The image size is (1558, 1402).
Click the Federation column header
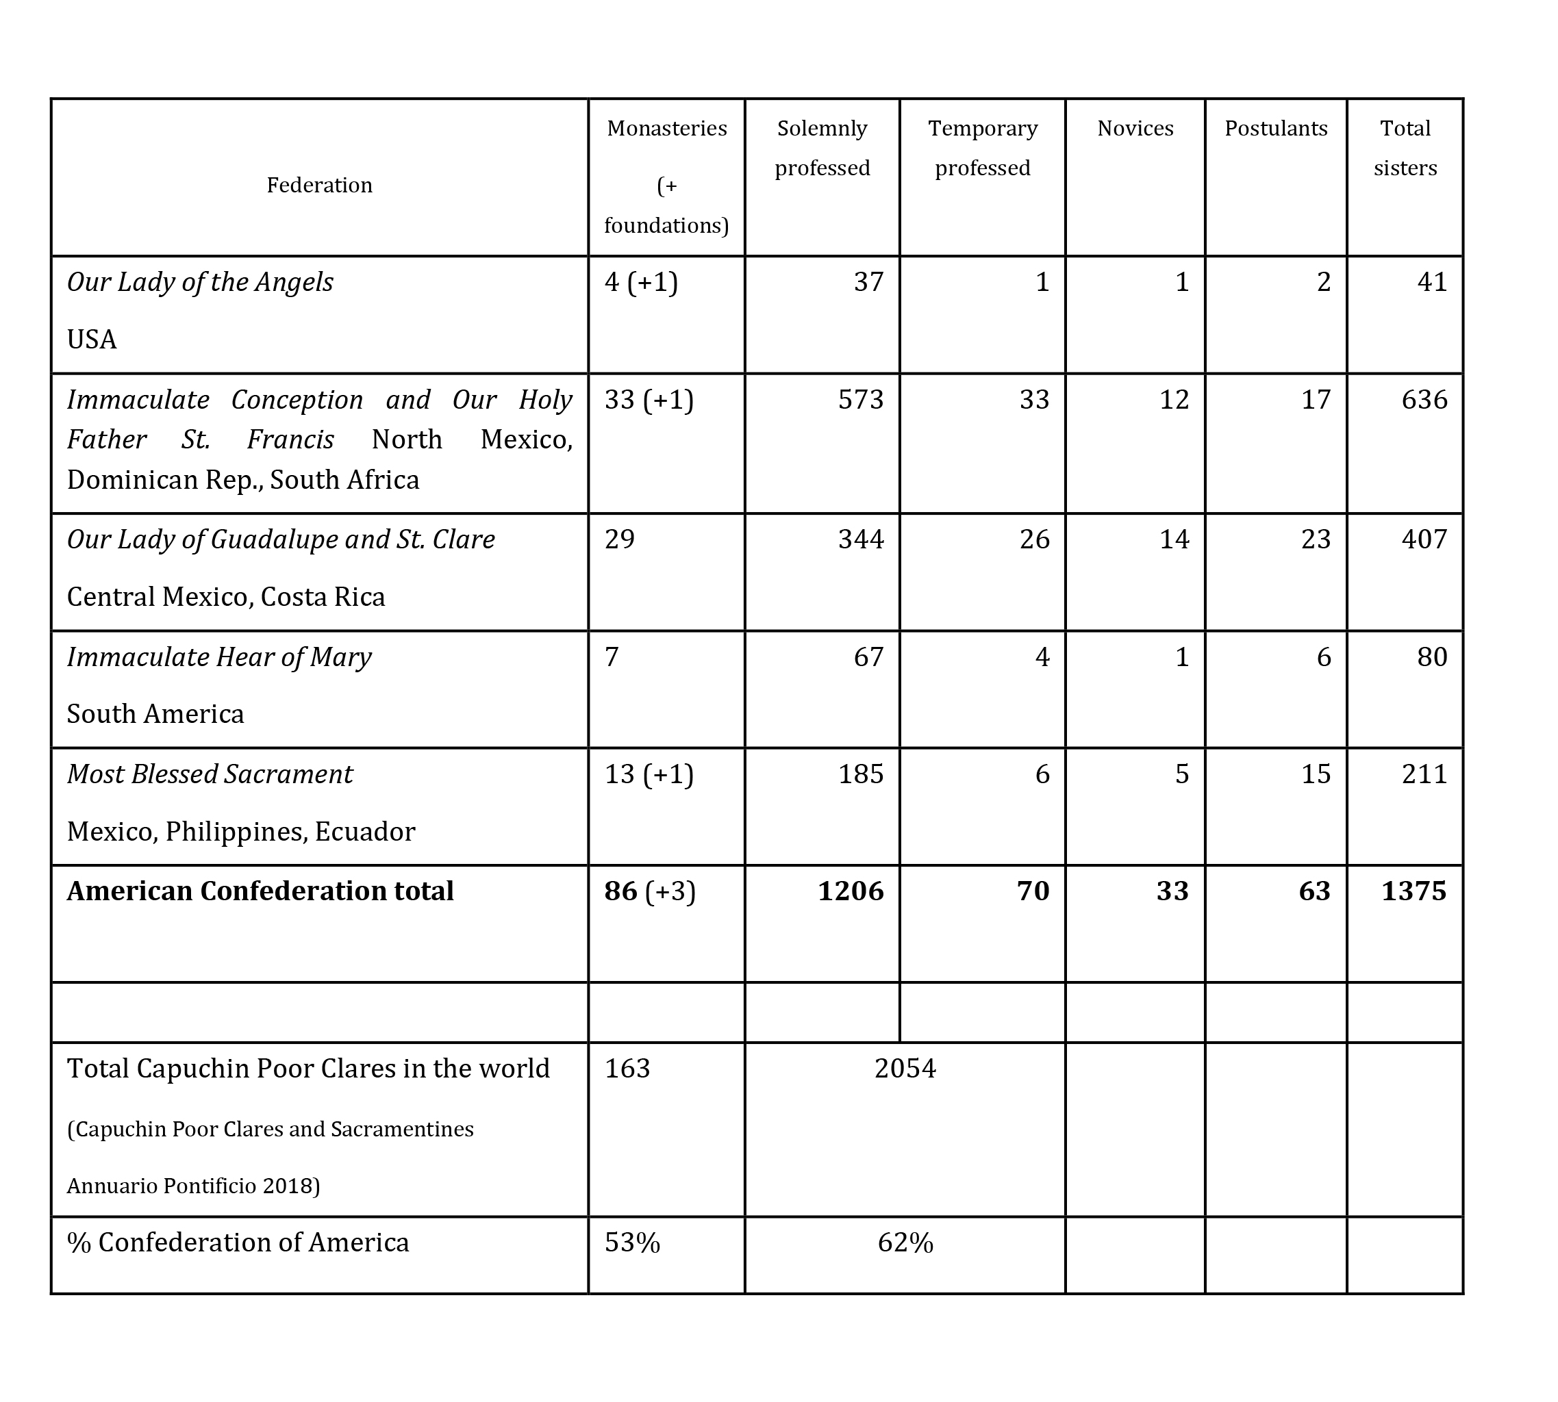click(319, 185)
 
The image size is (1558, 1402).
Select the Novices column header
click(1135, 128)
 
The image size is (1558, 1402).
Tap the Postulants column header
click(1276, 128)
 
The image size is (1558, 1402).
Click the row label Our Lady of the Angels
click(199, 282)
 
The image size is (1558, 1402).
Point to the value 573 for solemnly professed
click(861, 399)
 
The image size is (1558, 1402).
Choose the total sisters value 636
click(1424, 399)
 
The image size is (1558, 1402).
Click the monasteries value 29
click(620, 539)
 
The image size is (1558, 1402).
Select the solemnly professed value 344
click(861, 539)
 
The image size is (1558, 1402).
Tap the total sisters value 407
click(1424, 539)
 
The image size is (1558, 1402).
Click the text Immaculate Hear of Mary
click(219, 657)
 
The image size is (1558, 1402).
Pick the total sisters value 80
click(1431, 657)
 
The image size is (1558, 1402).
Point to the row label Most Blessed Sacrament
click(210, 774)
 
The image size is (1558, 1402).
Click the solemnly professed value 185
click(861, 774)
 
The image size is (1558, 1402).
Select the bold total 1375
click(1414, 891)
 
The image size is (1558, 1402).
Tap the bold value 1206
click(851, 891)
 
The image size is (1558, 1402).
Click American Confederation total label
click(260, 891)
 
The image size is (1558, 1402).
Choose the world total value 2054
click(905, 1069)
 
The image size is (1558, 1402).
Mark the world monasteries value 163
click(627, 1069)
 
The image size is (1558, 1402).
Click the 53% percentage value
click(632, 1242)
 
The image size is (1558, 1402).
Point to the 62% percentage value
click(905, 1242)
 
